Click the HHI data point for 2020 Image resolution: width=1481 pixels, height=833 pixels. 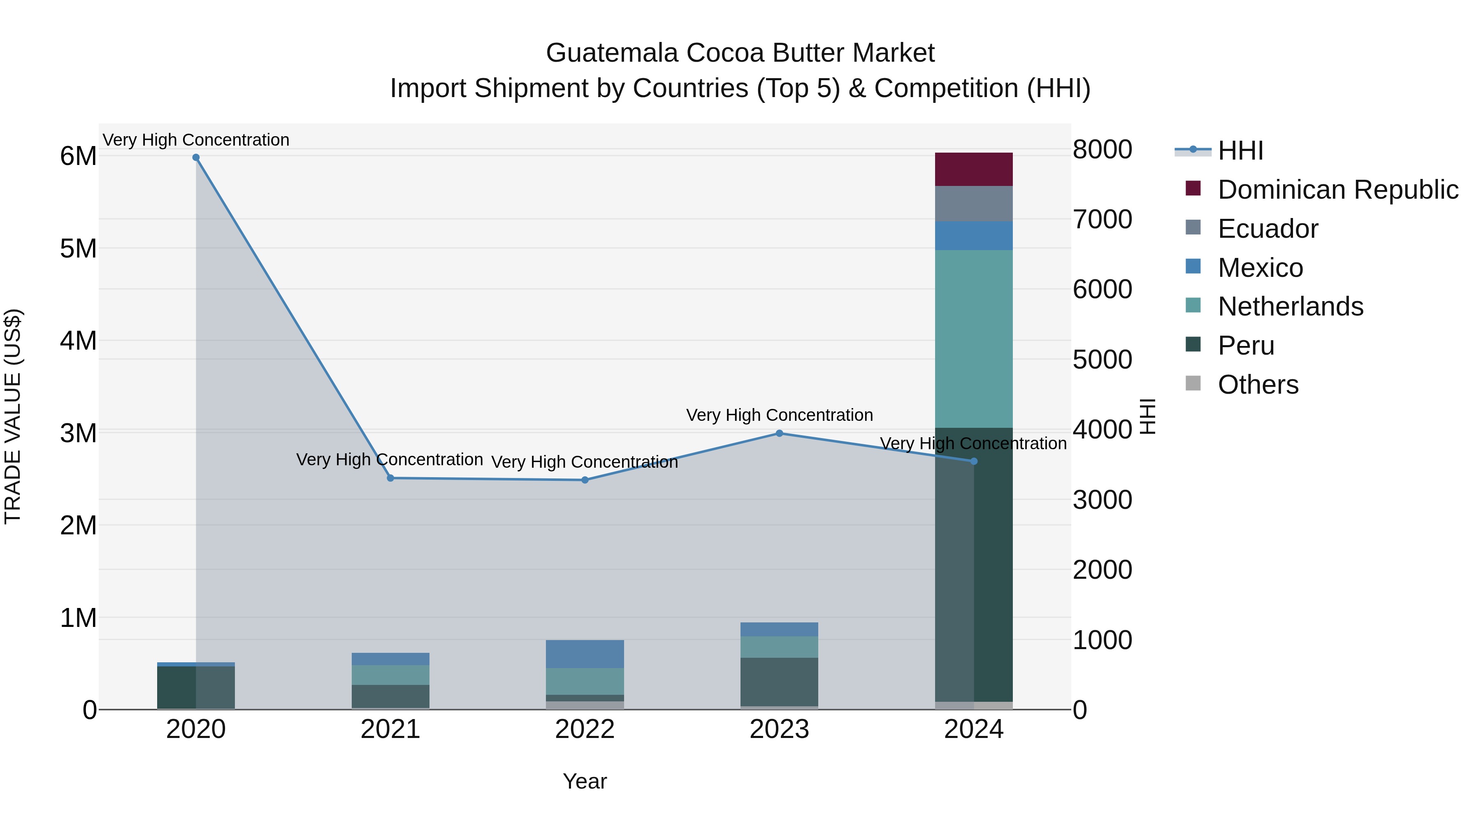pos(196,158)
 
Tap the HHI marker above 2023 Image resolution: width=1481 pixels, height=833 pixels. pos(780,434)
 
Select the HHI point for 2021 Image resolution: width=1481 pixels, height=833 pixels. pos(390,478)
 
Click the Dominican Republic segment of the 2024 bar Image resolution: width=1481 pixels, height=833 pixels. pos(973,169)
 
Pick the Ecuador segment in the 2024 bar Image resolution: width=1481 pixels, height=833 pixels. pos(973,204)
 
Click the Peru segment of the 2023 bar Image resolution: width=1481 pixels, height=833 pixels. pos(780,682)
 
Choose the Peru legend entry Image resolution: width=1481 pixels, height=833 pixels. pos(1245,346)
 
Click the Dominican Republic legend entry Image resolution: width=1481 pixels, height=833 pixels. pos(1337,190)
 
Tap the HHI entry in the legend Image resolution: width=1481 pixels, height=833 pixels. pos(1240,151)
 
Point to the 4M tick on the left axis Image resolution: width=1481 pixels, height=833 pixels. pos(79,340)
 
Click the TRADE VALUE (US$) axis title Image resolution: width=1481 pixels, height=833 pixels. pos(13,416)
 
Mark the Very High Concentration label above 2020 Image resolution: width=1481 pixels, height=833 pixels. pos(196,140)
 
